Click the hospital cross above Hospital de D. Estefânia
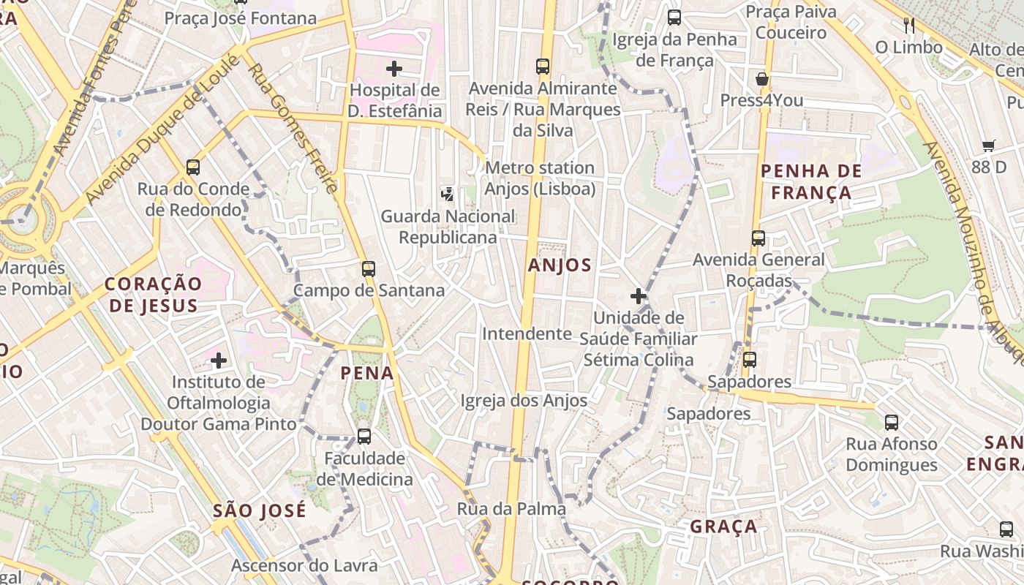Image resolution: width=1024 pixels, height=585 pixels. click(394, 69)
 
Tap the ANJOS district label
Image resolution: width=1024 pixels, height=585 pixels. click(560, 265)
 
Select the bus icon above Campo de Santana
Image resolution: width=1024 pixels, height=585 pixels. click(369, 268)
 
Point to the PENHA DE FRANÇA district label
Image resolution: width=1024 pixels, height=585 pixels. click(806, 182)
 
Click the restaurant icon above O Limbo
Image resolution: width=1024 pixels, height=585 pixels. click(909, 26)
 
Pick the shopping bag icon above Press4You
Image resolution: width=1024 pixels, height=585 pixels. click(762, 79)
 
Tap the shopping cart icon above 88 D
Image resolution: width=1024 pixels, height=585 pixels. click(989, 146)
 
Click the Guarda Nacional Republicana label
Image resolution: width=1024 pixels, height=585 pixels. click(448, 227)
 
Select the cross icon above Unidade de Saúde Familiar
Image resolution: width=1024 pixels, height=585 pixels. click(639, 296)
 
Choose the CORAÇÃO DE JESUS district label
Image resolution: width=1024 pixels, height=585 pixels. click(152, 295)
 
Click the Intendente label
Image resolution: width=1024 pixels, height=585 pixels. click(527, 334)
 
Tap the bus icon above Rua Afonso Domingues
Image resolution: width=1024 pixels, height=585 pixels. click(892, 422)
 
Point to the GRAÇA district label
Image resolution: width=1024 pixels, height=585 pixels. click(723, 526)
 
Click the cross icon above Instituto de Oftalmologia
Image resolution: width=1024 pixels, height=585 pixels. click(219, 360)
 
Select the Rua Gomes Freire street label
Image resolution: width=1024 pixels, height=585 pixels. click(293, 129)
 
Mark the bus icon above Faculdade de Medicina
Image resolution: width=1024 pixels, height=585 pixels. click(364, 437)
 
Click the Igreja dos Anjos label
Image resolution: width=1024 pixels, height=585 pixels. click(524, 401)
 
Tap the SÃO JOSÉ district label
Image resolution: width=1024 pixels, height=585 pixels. click(260, 510)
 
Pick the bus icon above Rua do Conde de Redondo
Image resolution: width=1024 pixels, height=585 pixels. click(193, 167)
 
